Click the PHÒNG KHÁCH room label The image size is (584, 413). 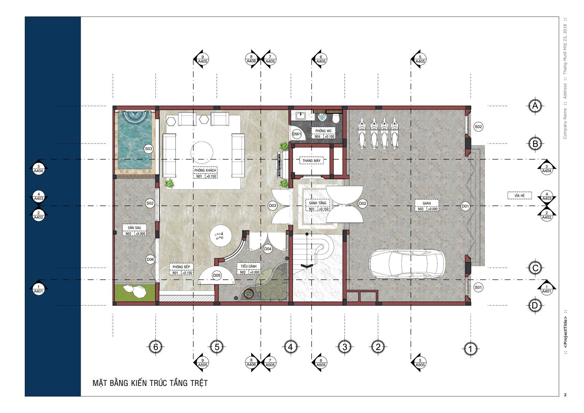(x=205, y=170)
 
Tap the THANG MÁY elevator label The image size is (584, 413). (x=311, y=161)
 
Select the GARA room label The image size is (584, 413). (x=427, y=203)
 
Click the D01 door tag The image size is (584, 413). (x=465, y=206)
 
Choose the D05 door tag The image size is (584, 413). (x=217, y=276)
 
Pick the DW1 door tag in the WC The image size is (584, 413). (x=297, y=134)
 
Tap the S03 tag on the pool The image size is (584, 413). (x=149, y=149)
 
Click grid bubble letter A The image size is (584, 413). (x=535, y=106)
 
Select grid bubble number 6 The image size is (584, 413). (x=156, y=347)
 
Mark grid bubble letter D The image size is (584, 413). (x=535, y=306)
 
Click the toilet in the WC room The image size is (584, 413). (x=336, y=118)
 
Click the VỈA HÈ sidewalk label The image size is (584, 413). (x=520, y=195)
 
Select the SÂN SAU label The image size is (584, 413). (x=134, y=228)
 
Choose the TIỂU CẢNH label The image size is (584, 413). (x=249, y=266)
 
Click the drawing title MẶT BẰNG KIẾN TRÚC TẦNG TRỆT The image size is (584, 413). (x=150, y=383)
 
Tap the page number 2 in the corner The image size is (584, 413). (x=565, y=395)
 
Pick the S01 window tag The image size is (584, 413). (x=478, y=287)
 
